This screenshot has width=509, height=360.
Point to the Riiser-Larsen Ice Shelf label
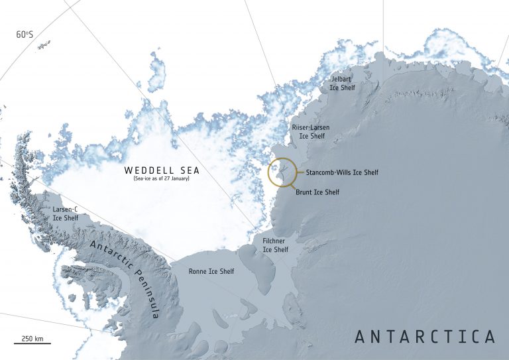[x=310, y=131]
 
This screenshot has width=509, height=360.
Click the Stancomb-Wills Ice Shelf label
[x=342, y=172]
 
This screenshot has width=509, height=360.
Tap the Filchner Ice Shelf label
[x=276, y=245]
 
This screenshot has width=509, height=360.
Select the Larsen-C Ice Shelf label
[x=65, y=213]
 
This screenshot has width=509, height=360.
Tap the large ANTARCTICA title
[x=425, y=336]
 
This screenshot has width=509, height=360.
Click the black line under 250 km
[x=32, y=344]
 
